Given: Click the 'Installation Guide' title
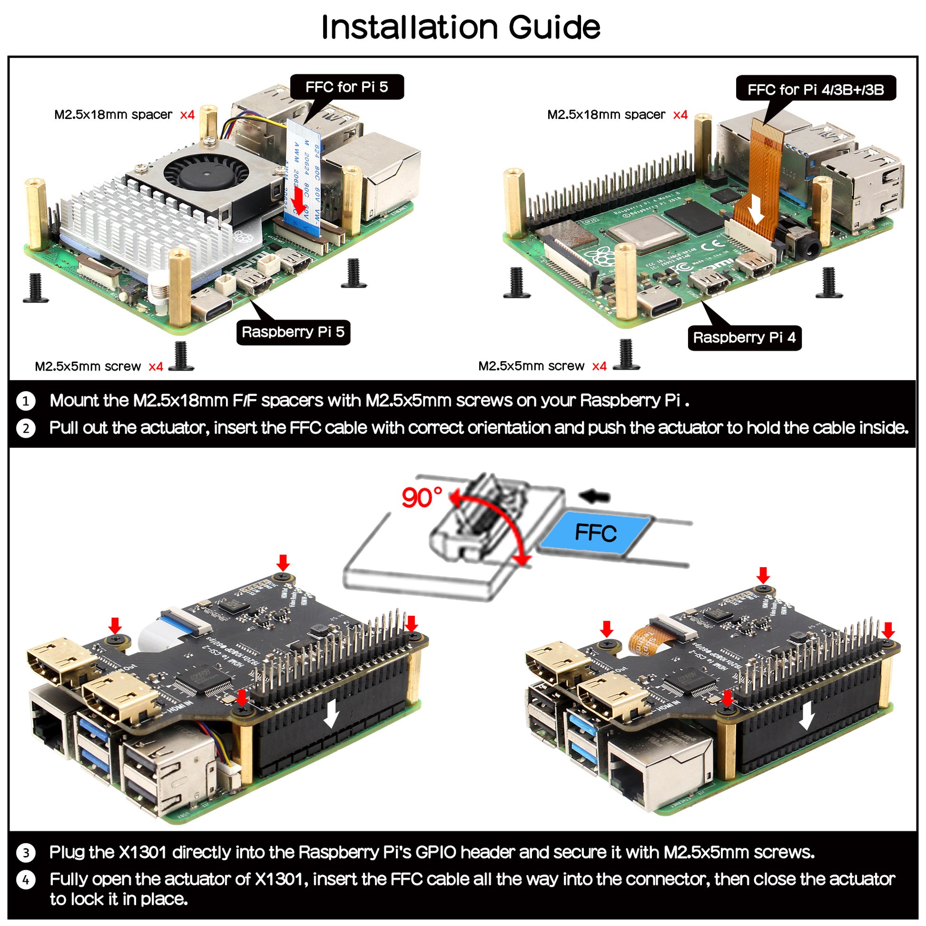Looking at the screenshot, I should (x=460, y=27).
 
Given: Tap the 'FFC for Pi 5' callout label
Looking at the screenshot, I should (x=346, y=87).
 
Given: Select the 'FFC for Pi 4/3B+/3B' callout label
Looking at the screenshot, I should (x=815, y=89).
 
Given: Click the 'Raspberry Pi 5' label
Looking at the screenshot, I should (x=293, y=332).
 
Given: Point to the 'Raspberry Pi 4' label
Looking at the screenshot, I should (x=744, y=337).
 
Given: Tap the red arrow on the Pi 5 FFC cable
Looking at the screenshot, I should (x=299, y=200).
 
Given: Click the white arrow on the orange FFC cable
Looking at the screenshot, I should (x=756, y=209).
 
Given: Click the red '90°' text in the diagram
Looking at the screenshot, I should (x=422, y=498).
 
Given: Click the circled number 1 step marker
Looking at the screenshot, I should (x=26, y=401).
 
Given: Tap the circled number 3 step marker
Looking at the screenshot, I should (x=26, y=853).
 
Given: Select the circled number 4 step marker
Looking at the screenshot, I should (x=26, y=880).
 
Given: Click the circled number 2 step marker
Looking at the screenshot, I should (x=26, y=428).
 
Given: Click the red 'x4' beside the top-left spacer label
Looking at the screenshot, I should (x=187, y=115).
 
